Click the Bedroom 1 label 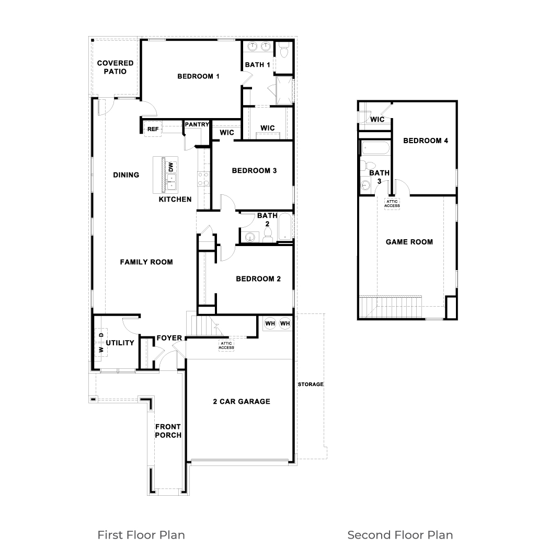pyautogui.click(x=198, y=76)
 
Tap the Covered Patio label pyautogui.click(x=115, y=67)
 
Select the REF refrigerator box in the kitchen pyautogui.click(x=153, y=129)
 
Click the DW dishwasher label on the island pyautogui.click(x=170, y=167)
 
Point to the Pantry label pyautogui.click(x=197, y=124)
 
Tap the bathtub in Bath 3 pyautogui.click(x=374, y=148)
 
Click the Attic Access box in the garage pyautogui.click(x=226, y=345)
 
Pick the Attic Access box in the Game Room pyautogui.click(x=392, y=203)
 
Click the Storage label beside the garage pyautogui.click(x=311, y=385)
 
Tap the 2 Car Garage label pyautogui.click(x=242, y=401)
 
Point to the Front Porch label pyautogui.click(x=168, y=430)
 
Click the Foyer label pyautogui.click(x=169, y=338)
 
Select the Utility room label pyautogui.click(x=120, y=343)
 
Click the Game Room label pyautogui.click(x=409, y=242)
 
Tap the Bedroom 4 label pyautogui.click(x=425, y=141)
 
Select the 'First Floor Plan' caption pyautogui.click(x=141, y=535)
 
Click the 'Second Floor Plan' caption pyautogui.click(x=400, y=535)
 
